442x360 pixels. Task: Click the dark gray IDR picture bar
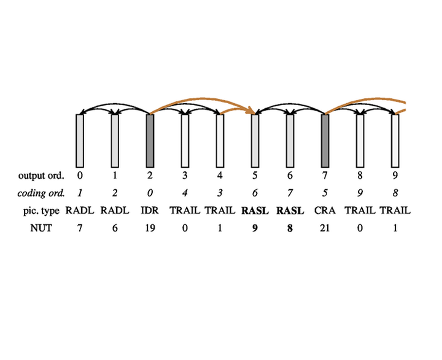click(150, 141)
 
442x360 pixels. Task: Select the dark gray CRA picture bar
click(325, 141)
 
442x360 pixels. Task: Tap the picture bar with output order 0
click(80, 141)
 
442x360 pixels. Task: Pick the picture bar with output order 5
click(255, 141)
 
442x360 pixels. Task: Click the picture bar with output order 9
click(395, 141)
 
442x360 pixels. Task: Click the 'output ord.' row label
click(41, 176)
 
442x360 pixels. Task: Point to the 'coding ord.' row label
click(41, 194)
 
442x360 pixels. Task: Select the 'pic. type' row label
click(42, 211)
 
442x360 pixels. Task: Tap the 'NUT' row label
click(41, 228)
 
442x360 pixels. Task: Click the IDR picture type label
click(150, 211)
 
